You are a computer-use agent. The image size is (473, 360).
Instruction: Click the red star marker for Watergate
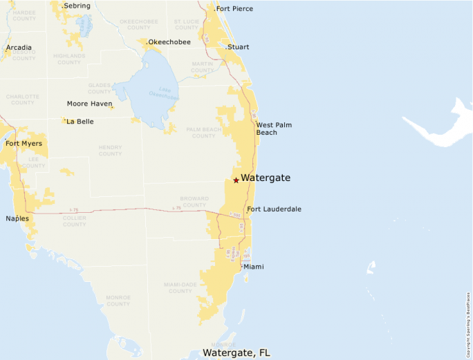tap(236, 180)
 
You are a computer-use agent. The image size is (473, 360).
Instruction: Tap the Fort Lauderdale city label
tap(274, 209)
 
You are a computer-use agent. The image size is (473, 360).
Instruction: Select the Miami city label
tap(253, 267)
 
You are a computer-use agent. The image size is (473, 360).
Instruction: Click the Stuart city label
tap(238, 48)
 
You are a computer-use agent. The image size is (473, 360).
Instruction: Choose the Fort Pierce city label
tap(234, 9)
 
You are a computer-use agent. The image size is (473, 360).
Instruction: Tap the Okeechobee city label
tap(169, 42)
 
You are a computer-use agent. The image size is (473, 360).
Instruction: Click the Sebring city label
tap(77, 6)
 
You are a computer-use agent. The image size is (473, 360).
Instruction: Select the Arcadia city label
tap(19, 48)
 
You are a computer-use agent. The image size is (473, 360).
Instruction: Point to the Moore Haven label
tap(89, 104)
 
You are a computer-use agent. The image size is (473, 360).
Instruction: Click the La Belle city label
tap(80, 122)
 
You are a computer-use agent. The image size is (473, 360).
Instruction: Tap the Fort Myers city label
tap(24, 144)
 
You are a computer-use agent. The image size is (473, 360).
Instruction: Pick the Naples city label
tap(17, 218)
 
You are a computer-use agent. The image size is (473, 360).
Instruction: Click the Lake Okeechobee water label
tap(164, 93)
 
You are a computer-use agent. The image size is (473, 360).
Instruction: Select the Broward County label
tap(194, 202)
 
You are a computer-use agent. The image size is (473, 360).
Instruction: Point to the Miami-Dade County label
tap(178, 287)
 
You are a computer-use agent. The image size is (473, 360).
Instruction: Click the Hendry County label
tap(110, 150)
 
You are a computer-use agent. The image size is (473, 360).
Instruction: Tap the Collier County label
tap(74, 220)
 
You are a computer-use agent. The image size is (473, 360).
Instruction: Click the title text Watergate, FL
tap(236, 352)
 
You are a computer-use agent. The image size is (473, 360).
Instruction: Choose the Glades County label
tap(100, 88)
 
